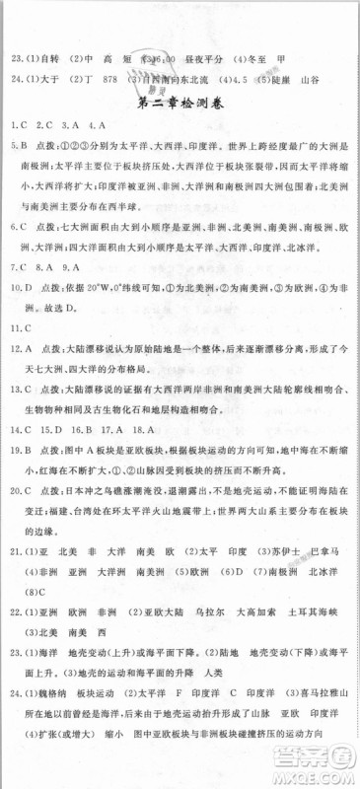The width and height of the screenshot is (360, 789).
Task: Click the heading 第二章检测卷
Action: (180, 103)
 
